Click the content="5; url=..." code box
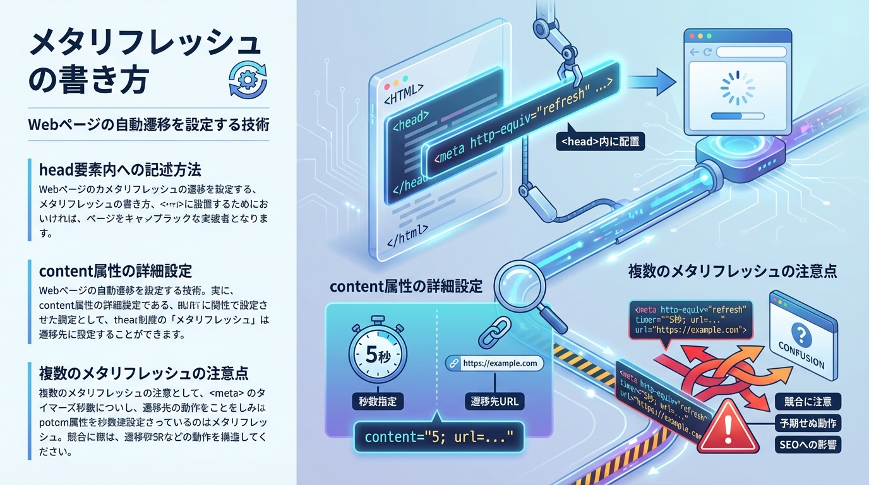(x=436, y=436)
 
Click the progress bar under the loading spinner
(x=737, y=116)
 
